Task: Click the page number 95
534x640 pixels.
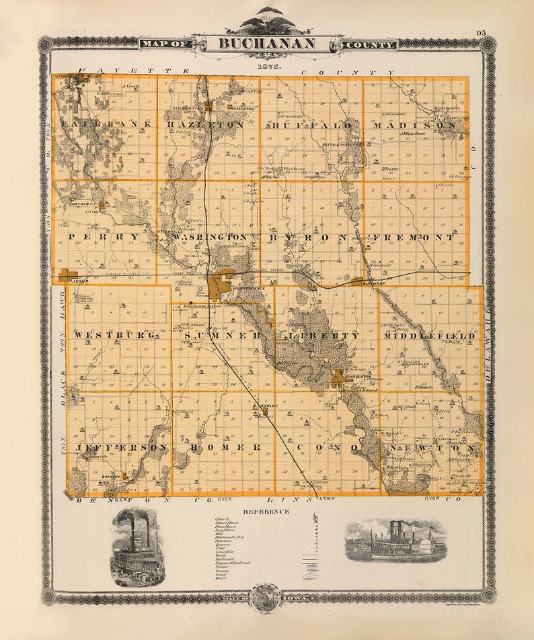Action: click(x=480, y=32)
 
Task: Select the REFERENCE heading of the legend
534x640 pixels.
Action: click(x=268, y=511)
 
